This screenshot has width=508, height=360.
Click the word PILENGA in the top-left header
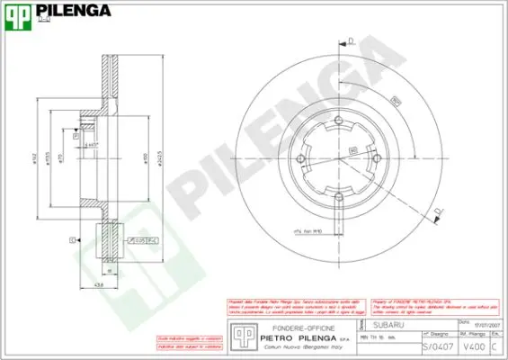tap(73, 11)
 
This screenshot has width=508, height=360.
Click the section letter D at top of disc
tap(352, 40)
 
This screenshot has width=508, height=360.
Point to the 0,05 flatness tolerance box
tap(142, 241)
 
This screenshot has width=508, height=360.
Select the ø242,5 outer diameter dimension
tap(160, 153)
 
